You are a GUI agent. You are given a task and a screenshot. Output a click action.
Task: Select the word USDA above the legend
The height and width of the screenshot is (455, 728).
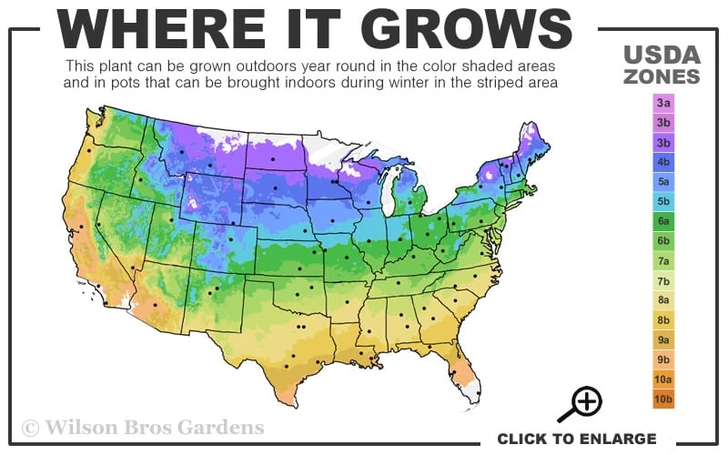click(662, 54)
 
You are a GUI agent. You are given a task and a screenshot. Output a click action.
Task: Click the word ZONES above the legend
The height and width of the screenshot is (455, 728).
click(662, 76)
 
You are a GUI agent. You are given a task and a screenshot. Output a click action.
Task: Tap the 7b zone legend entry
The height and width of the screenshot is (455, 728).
click(663, 280)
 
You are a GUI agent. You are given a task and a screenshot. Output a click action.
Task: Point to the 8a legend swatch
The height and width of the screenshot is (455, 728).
click(663, 300)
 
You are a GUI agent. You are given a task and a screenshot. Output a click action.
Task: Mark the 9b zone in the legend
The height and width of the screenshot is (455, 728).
click(663, 359)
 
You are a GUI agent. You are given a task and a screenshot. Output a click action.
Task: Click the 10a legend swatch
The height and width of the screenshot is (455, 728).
click(663, 379)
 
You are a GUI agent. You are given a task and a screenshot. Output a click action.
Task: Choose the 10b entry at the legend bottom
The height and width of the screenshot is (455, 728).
click(663, 399)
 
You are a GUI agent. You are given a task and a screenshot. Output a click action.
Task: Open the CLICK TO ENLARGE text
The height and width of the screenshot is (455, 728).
click(576, 439)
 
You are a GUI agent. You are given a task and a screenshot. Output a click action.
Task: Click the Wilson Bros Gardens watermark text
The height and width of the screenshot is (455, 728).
click(155, 426)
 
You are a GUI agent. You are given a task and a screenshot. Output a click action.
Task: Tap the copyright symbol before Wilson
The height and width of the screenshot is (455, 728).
click(31, 427)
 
